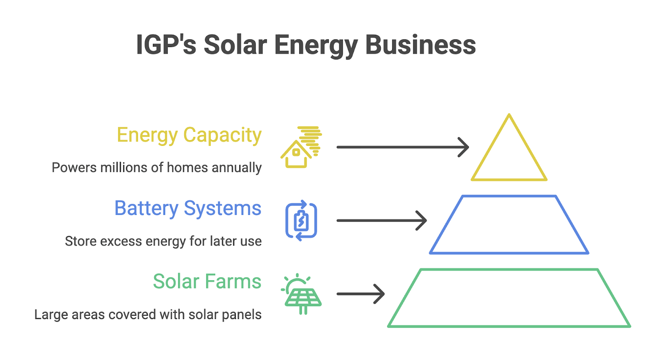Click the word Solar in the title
235,45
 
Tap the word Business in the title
421,45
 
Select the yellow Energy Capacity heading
189,135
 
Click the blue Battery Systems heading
188,208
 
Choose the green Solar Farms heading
207,281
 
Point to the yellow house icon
296,154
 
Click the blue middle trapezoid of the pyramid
509,196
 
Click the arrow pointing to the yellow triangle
403,147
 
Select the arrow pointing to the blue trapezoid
382,220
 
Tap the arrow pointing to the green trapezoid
361,294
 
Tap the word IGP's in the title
166,45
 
